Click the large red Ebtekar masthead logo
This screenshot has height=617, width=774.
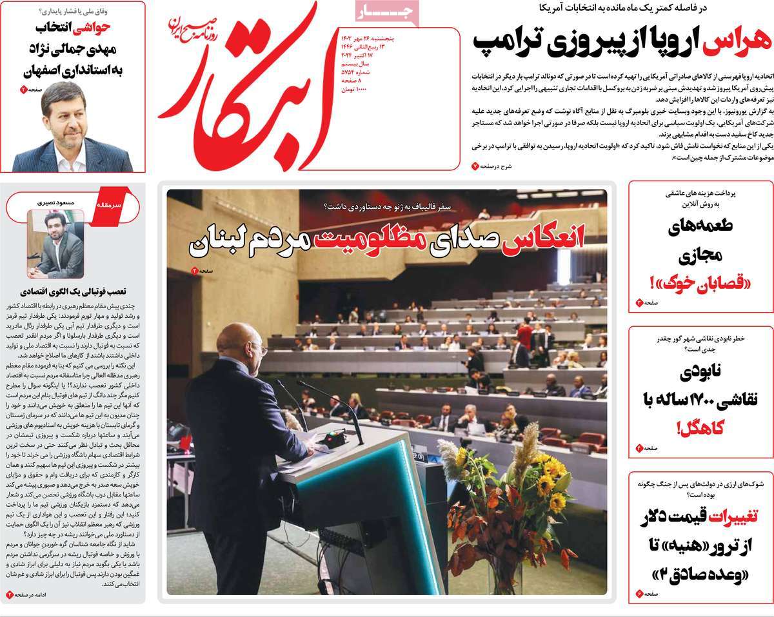(248, 90)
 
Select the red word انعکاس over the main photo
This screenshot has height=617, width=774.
(552, 237)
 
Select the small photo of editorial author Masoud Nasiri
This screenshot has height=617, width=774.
(55, 244)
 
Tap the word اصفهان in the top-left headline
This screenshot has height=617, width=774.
(35, 71)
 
